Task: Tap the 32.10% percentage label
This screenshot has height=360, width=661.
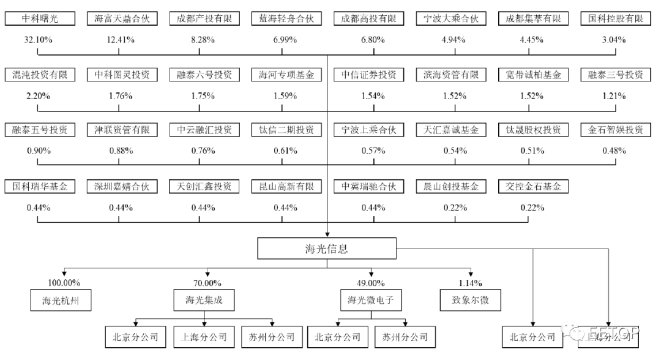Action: tap(38, 40)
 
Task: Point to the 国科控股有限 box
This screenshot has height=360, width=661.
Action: tap(614, 19)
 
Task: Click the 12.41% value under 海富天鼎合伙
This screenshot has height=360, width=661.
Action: tap(121, 40)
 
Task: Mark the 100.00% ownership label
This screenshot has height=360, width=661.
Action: tap(64, 283)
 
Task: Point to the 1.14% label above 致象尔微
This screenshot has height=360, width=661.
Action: tap(470, 283)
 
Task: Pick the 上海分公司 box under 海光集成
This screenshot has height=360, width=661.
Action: tap(204, 336)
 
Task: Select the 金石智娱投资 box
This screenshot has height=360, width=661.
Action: tap(614, 130)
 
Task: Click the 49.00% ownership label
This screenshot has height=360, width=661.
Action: tap(372, 283)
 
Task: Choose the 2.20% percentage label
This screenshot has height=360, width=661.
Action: tap(38, 96)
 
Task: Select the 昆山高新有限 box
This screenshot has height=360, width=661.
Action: tap(286, 186)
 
